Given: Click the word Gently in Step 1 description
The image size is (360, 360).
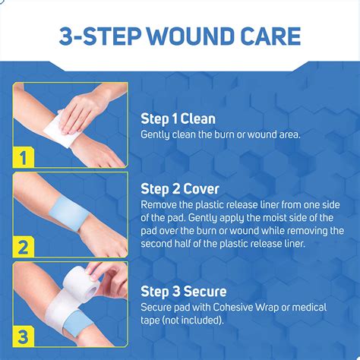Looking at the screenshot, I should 157,134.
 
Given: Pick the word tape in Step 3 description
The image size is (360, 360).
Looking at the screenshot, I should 153,320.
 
